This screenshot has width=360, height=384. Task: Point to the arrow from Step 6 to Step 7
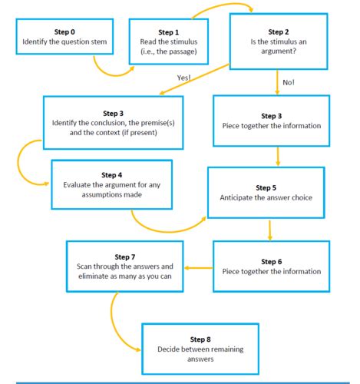click(x=199, y=267)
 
